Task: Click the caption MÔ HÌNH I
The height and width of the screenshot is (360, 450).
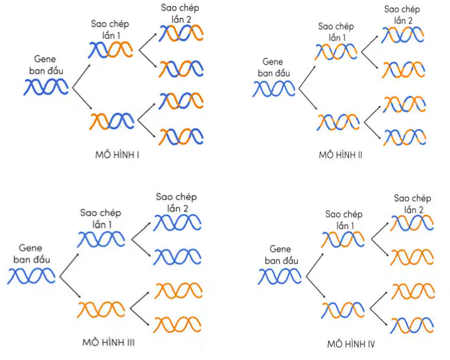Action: pyautogui.click(x=117, y=155)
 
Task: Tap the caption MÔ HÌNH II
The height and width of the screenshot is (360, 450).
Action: pyautogui.click(x=341, y=155)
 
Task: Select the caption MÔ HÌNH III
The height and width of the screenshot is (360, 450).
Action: pyautogui.click(x=109, y=343)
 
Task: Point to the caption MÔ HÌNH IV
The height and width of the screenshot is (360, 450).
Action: pyautogui.click(x=351, y=344)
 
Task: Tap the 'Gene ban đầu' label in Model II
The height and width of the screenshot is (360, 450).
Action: pyautogui.click(x=273, y=68)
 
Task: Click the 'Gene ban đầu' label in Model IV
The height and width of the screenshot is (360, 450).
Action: pyautogui.click(x=281, y=255)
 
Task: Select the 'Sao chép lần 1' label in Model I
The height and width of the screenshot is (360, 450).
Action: pyautogui.click(x=110, y=30)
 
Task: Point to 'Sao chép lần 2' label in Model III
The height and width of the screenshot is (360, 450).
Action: pyautogui.click(x=176, y=203)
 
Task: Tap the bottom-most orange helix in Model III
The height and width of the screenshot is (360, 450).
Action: pyautogui.click(x=177, y=324)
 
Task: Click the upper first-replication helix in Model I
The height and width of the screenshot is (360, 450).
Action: pyautogui.click(x=111, y=50)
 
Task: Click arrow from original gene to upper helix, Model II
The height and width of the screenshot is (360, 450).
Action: pyautogui.click(x=307, y=77)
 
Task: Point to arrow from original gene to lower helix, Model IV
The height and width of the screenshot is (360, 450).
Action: pyautogui.click(x=316, y=287)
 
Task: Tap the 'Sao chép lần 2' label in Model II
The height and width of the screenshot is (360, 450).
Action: pyautogui.click(x=402, y=15)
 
